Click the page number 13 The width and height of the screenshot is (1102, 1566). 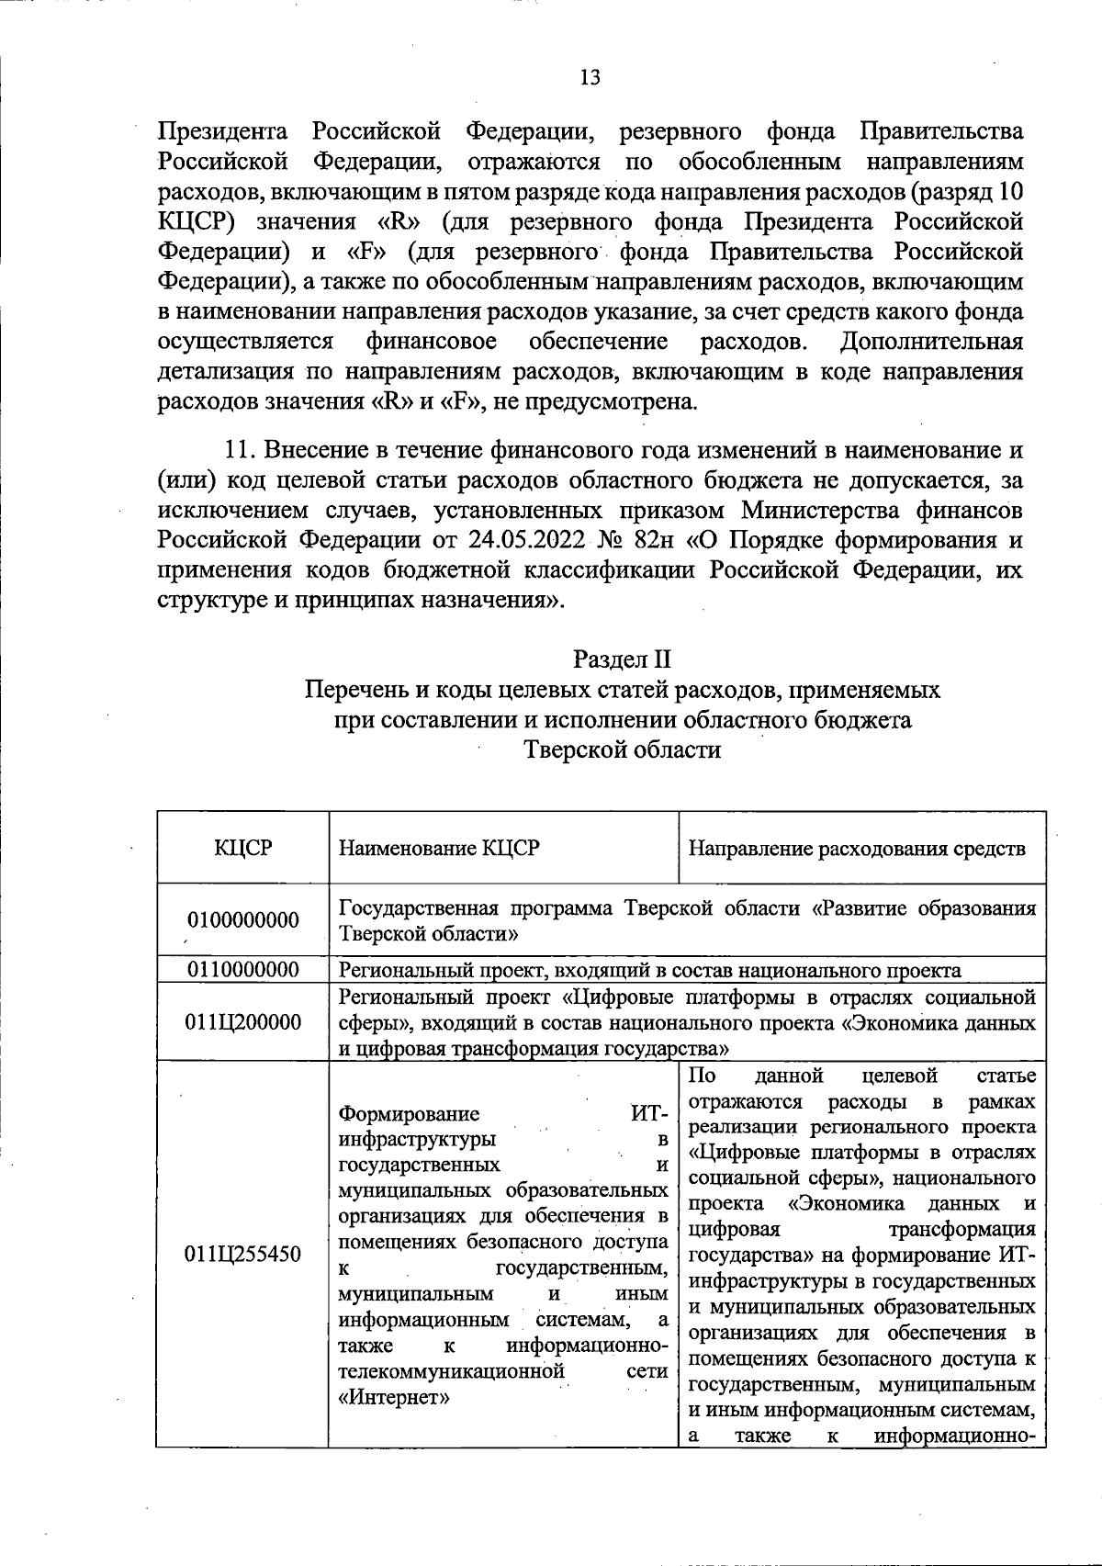590,77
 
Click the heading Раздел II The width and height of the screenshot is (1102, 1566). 622,659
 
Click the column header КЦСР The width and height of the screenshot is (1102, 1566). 243,848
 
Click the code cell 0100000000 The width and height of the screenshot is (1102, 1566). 243,920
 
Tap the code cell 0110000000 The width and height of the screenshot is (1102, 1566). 243,970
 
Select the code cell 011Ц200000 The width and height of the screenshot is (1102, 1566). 243,1022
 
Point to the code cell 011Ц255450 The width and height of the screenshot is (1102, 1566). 243,1255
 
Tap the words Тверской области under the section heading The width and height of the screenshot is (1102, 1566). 622,750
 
